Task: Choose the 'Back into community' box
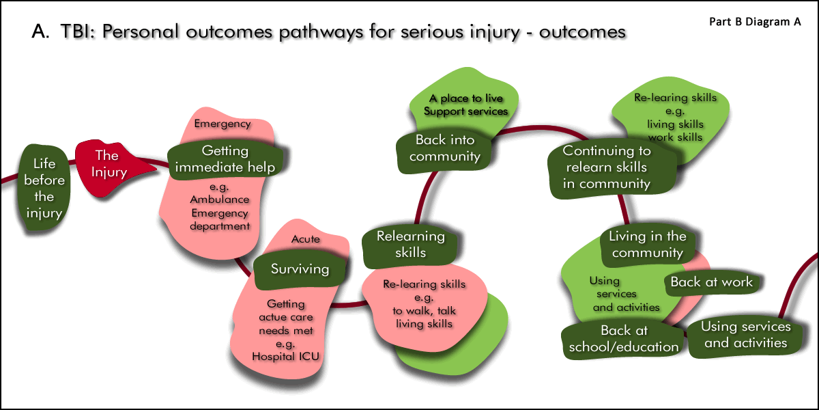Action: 447,148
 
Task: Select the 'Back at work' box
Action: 711,282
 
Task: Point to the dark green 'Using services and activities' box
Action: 745,335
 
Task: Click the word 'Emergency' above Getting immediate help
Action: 222,124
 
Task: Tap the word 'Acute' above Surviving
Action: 305,239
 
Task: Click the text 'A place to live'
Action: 465,99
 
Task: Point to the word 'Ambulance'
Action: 219,200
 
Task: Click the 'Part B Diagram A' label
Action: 755,21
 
